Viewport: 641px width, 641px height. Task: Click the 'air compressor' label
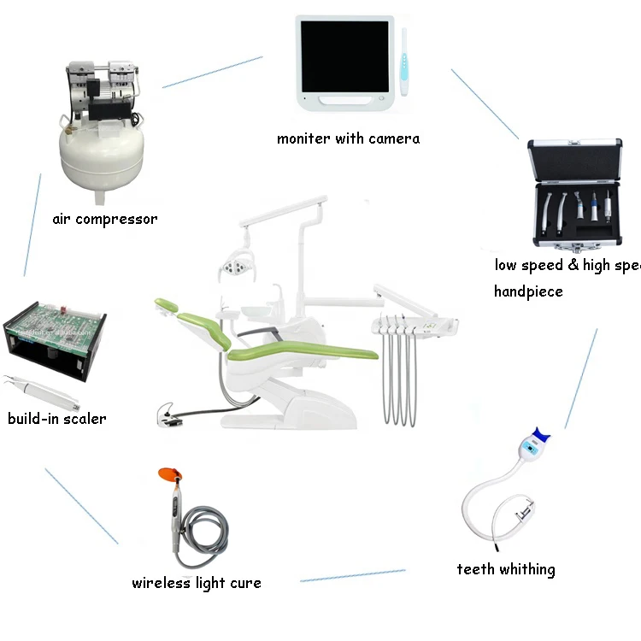pos(104,219)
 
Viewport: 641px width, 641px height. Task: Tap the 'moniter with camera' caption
pos(348,138)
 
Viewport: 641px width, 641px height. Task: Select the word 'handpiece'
pos(528,291)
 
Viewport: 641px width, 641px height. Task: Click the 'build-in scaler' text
pos(57,418)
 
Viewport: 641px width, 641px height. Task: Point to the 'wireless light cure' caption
pos(196,583)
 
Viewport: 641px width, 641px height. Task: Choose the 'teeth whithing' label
pos(505,569)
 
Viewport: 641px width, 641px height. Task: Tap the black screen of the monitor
pos(344,56)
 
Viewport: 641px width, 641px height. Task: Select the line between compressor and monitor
pos(212,72)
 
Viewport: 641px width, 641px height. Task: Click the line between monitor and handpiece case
pos(484,103)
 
